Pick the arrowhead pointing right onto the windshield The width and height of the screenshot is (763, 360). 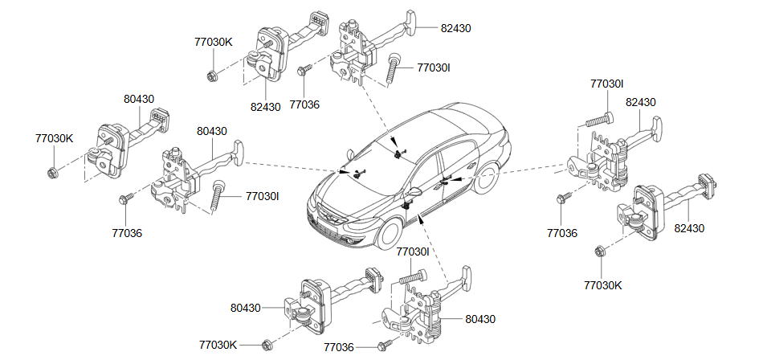[345, 172]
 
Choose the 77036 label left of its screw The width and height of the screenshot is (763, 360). [339, 347]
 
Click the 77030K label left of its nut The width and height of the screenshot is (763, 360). [218, 345]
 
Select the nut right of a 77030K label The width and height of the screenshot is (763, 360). [266, 346]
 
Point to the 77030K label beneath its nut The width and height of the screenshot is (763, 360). [603, 285]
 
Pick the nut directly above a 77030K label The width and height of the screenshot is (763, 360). [599, 252]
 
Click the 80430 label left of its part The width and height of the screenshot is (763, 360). [245, 308]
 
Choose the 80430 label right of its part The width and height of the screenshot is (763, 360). [480, 319]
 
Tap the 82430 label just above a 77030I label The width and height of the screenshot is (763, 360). [640, 102]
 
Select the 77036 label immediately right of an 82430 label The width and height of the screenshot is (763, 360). [304, 104]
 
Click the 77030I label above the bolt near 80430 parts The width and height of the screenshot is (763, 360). [413, 252]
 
